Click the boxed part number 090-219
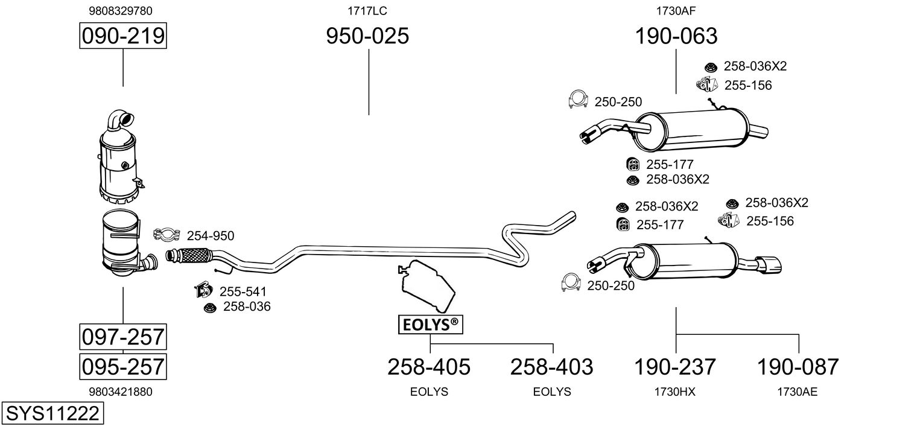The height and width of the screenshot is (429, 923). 123,36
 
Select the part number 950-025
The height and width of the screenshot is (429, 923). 367,36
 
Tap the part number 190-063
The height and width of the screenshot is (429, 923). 676,36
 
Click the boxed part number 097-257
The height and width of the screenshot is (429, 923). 123,337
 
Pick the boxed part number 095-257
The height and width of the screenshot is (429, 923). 123,366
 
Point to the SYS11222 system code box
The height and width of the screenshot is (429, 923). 52,413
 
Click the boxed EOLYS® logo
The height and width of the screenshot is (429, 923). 431,325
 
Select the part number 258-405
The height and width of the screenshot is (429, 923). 429,367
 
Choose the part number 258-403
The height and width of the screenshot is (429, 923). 552,367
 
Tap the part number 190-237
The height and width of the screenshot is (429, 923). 675,367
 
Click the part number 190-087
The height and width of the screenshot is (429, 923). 798,367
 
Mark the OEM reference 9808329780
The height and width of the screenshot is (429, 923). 121,11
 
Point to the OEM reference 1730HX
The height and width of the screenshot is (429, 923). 675,392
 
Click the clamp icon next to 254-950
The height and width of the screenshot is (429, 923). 167,235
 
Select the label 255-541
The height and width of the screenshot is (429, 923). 243,291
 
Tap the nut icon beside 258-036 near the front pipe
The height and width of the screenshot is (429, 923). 210,308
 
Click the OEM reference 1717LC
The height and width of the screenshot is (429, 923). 367,11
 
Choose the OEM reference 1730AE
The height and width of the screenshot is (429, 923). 798,392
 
